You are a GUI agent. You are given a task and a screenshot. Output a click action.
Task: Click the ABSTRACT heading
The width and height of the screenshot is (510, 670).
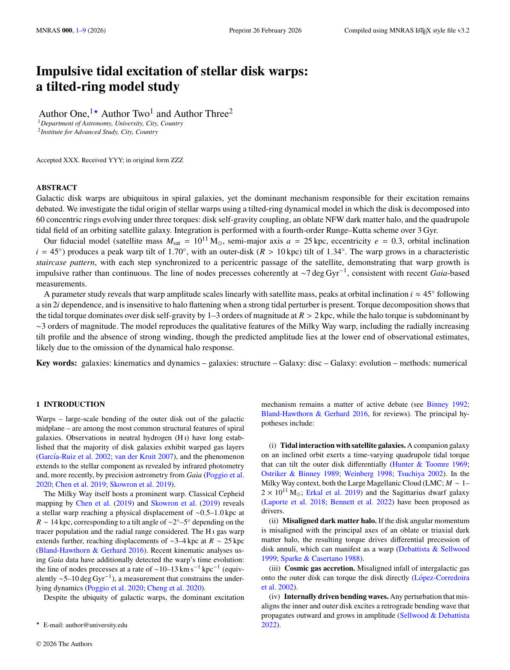click(57, 188)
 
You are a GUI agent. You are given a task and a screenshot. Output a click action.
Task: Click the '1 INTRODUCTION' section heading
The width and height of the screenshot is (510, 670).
click(71, 404)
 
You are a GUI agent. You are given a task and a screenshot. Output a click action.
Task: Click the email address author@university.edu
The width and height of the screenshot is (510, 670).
click(96, 625)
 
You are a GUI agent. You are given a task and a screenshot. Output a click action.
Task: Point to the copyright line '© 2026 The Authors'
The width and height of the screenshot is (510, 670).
click(64, 644)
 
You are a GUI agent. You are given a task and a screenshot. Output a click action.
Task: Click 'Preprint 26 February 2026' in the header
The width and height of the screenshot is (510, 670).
click(265, 30)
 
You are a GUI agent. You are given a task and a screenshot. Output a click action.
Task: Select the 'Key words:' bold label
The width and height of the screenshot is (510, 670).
click(57, 363)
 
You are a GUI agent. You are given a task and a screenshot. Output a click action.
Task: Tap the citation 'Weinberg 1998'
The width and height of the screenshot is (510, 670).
click(368, 473)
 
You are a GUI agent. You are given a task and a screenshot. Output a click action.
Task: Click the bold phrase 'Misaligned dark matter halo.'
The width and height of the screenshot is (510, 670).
click(329, 521)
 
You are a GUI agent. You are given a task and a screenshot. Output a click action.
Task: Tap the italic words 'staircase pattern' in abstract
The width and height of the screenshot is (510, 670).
click(65, 262)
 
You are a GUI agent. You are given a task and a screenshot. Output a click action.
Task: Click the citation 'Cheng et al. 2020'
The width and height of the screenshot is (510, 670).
click(175, 588)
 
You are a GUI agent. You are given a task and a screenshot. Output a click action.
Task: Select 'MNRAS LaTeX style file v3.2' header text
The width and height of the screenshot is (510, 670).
click(407, 30)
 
